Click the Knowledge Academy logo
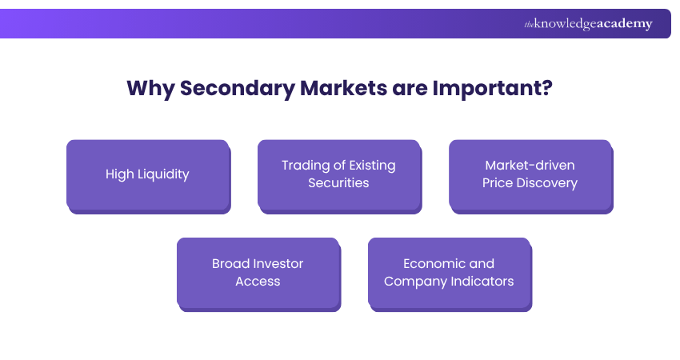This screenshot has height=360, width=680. (x=588, y=24)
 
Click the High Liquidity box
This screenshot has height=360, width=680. (x=147, y=174)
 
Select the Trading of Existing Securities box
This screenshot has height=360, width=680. (x=338, y=174)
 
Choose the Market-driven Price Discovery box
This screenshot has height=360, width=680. (x=530, y=174)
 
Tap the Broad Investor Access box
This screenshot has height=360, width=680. (x=258, y=273)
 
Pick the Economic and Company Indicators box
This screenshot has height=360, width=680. (x=449, y=273)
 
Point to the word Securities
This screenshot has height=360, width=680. (x=338, y=183)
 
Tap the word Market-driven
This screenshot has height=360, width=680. (x=530, y=166)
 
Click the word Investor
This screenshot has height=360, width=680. (x=279, y=264)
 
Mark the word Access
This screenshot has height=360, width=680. (x=258, y=282)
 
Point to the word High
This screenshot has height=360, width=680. (x=119, y=174)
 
